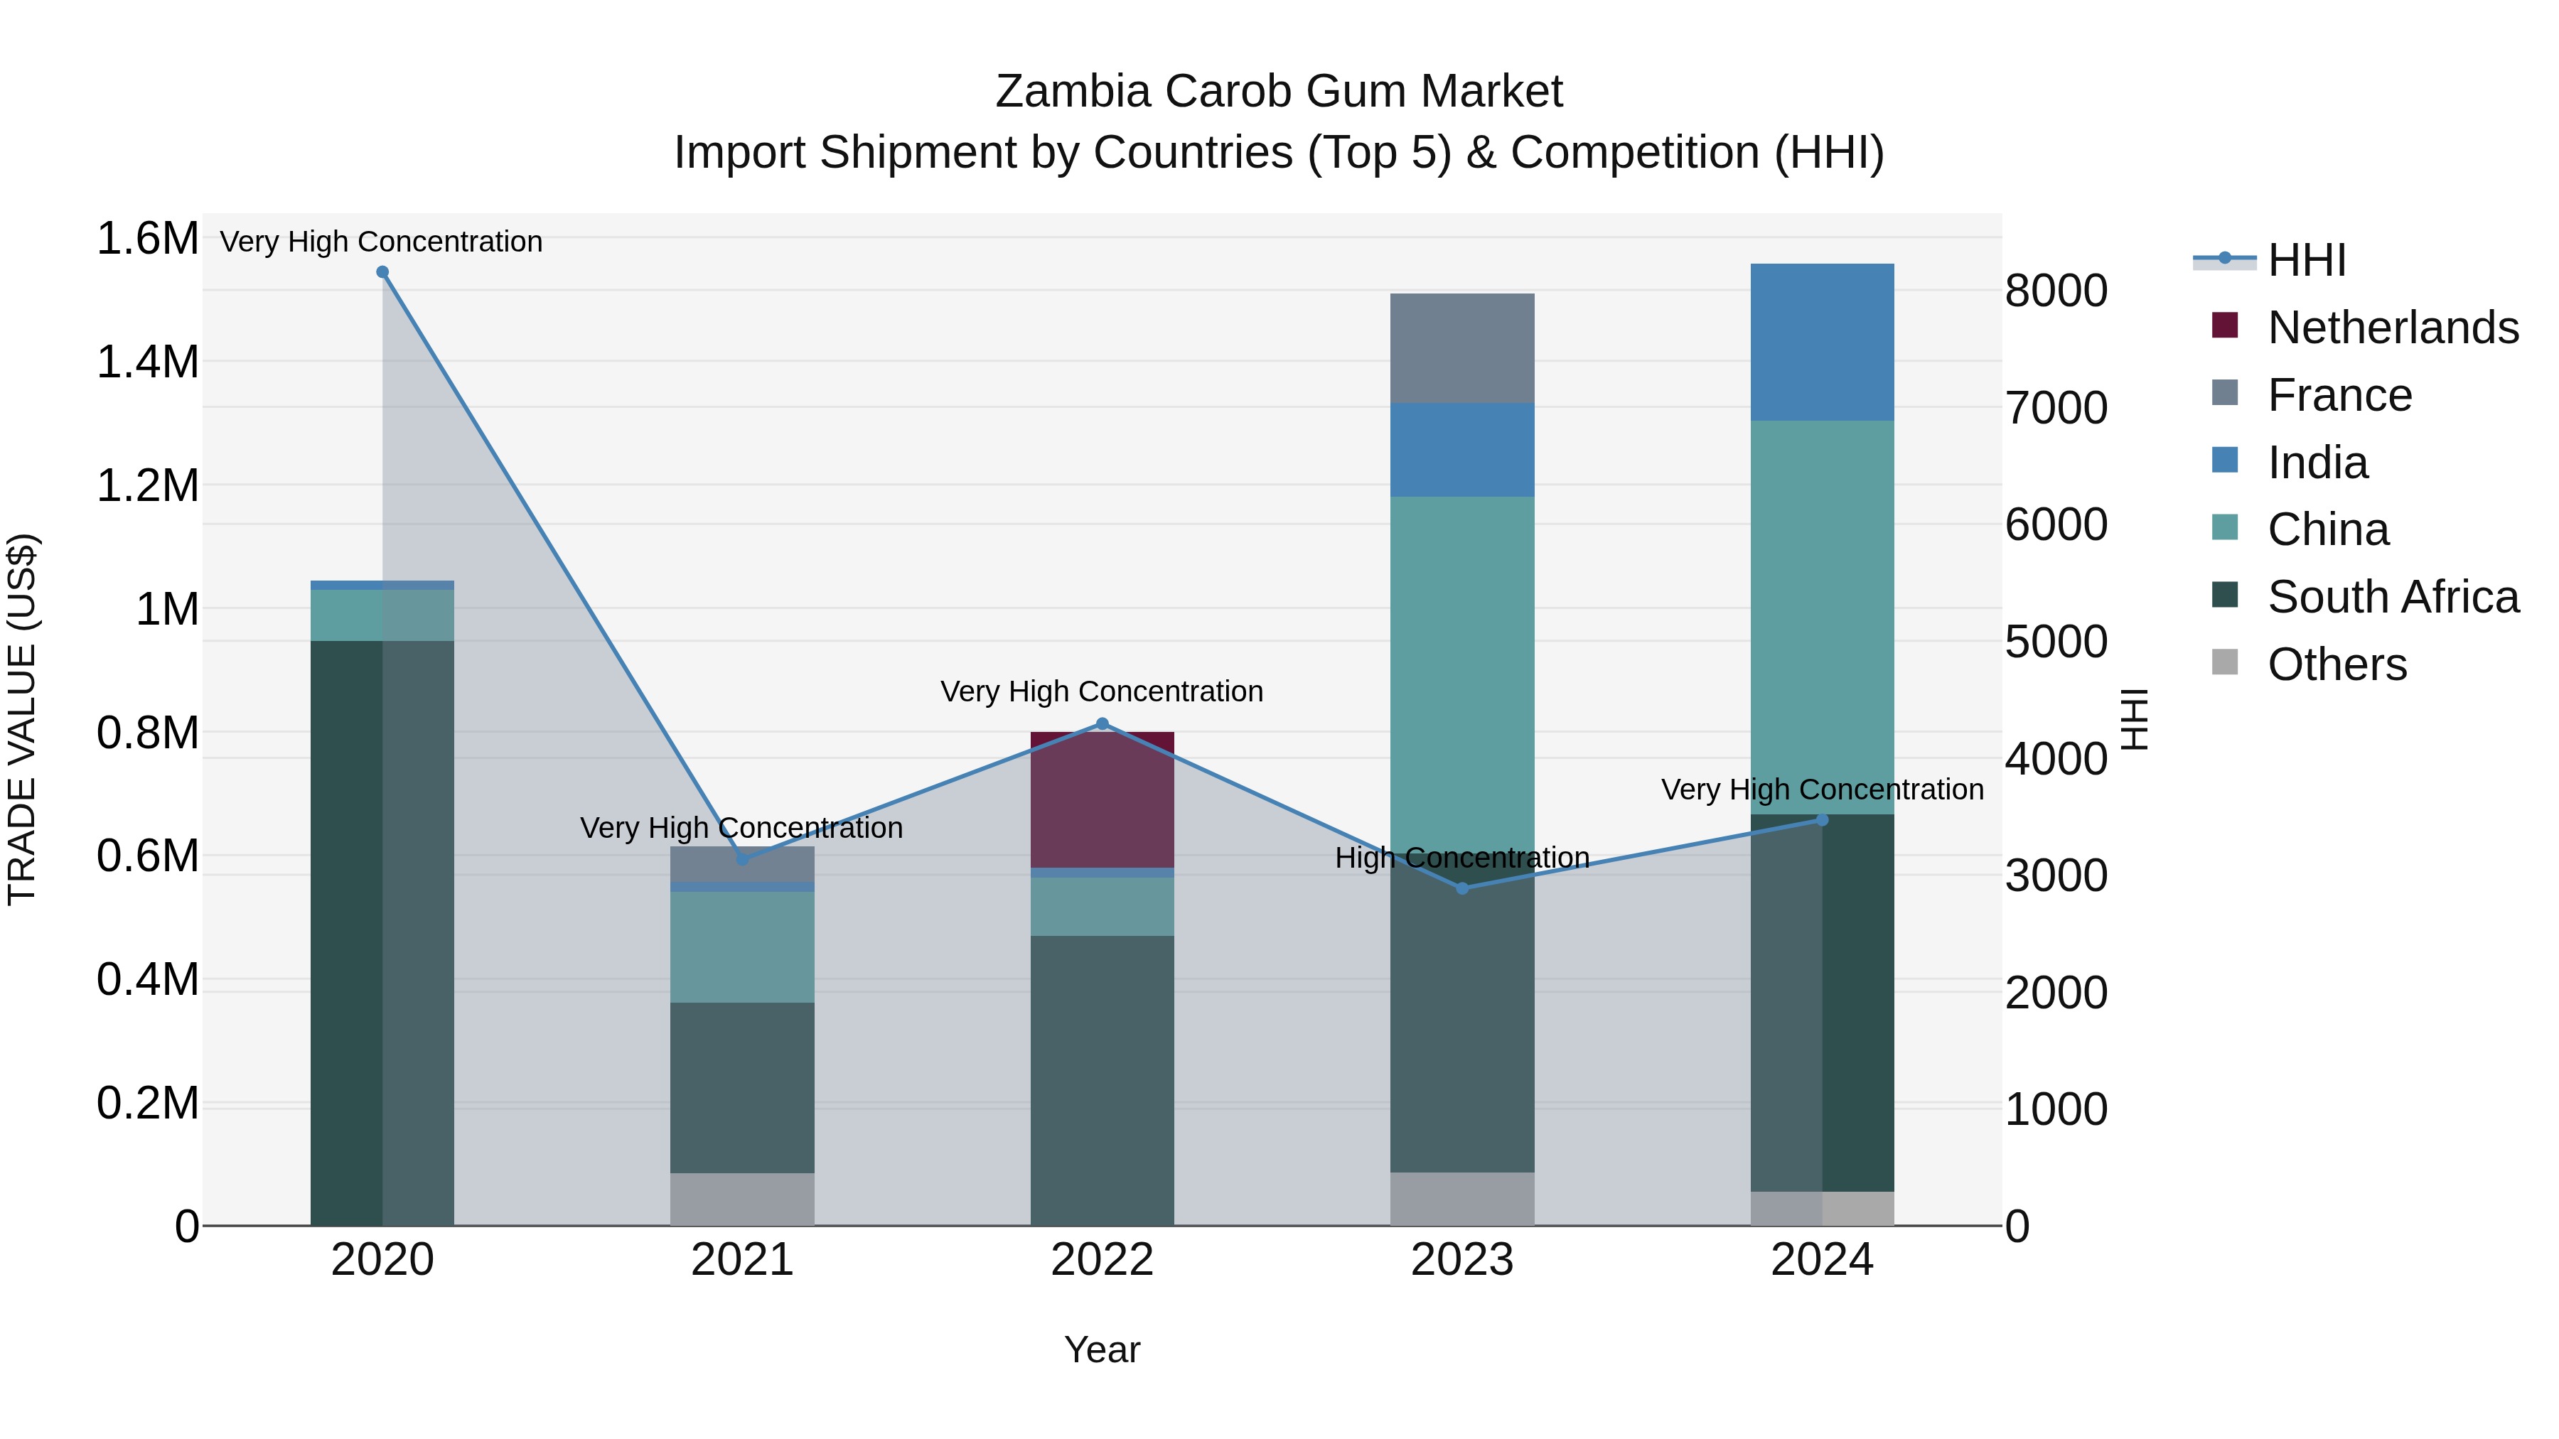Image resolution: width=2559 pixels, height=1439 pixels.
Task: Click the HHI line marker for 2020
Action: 382,272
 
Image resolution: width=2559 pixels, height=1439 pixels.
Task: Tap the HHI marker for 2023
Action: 1461,888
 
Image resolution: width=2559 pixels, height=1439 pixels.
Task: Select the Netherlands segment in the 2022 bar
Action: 1102,800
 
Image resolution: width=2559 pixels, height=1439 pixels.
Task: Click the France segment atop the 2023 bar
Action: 1461,347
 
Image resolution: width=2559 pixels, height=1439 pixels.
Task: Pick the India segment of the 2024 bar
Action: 1821,342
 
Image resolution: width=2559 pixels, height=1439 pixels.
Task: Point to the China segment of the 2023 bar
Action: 1461,675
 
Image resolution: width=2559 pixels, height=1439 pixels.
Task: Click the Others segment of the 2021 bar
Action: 742,1199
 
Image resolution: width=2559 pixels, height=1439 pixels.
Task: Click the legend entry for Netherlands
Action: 2392,328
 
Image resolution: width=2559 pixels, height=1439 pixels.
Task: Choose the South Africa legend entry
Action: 2392,597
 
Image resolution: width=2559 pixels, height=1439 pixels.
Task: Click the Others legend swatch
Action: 2225,662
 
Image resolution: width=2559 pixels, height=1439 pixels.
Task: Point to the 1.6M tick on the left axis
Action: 147,239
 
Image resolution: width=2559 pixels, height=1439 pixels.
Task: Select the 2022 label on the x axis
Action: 1102,1260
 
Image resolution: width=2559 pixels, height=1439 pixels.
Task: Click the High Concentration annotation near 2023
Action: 1461,857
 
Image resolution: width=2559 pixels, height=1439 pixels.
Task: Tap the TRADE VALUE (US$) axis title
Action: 22,719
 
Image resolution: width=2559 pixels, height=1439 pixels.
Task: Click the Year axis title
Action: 1102,1349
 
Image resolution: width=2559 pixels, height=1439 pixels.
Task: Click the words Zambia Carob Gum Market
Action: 1279,92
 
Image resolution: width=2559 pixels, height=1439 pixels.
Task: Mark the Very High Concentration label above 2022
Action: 1102,691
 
